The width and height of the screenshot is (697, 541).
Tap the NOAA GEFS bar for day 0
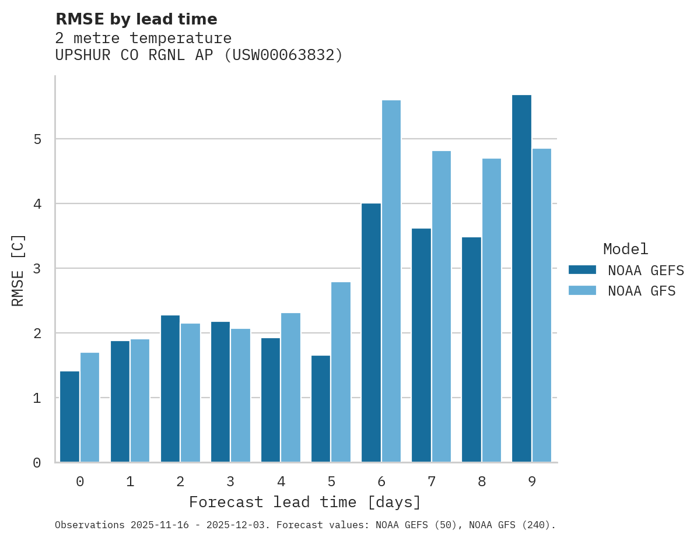(x=70, y=417)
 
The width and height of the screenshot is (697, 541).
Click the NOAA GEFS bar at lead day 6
(x=371, y=333)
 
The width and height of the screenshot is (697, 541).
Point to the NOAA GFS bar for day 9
(x=541, y=305)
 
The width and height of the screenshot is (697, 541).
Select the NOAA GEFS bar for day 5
(x=321, y=409)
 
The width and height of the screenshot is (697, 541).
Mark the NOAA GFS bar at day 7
(x=441, y=307)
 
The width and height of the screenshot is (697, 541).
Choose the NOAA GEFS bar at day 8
(x=471, y=350)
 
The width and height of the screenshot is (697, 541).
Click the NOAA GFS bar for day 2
(x=190, y=393)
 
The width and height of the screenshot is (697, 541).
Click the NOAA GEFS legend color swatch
(x=582, y=270)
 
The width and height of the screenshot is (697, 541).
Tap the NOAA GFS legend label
(x=642, y=291)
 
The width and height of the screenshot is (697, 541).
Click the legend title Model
(x=625, y=249)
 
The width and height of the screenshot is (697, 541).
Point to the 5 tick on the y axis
(x=37, y=139)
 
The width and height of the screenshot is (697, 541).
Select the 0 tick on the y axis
(x=37, y=463)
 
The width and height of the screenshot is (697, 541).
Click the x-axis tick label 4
(x=281, y=482)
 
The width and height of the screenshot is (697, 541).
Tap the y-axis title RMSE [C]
(x=18, y=270)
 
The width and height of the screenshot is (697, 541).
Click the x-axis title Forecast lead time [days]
(x=304, y=502)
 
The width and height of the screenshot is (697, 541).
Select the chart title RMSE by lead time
(x=136, y=19)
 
